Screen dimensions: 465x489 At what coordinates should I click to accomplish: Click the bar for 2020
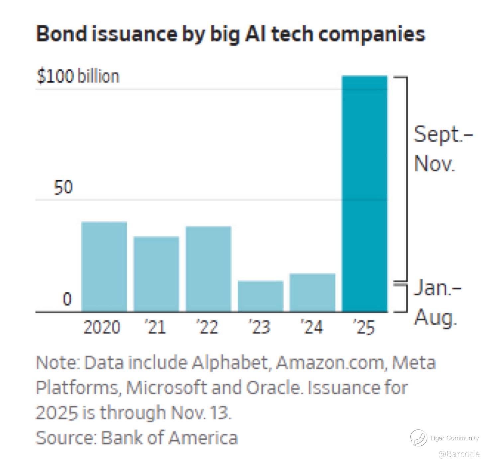tap(104, 267)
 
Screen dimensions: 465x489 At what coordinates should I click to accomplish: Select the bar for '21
tap(156, 274)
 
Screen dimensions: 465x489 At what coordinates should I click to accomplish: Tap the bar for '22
tap(208, 269)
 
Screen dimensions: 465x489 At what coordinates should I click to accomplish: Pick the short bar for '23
tap(261, 296)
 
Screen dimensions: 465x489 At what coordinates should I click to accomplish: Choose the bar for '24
tap(313, 292)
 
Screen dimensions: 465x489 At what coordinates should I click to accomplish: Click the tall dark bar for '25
tap(365, 194)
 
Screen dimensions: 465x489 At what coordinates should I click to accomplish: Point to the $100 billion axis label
tap(78, 76)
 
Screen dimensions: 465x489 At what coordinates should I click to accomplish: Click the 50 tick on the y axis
tap(63, 188)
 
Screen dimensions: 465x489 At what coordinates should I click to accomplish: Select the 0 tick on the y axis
tap(67, 299)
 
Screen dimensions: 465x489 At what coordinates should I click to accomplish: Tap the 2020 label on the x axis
tap(102, 328)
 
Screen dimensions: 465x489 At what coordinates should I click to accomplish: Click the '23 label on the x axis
tap(260, 328)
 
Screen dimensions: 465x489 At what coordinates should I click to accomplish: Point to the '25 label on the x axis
tap(364, 328)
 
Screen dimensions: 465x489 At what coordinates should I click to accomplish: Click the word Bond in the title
tap(61, 34)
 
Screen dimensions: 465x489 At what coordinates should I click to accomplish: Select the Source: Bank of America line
tap(137, 438)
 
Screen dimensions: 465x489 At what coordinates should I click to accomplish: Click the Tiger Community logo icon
tap(418, 438)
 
